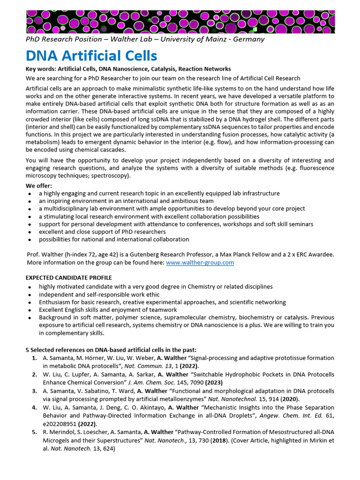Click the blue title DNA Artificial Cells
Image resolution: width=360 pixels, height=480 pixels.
[91, 56]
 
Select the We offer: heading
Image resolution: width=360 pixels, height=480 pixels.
[38, 186]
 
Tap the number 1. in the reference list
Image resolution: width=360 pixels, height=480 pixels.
[35, 358]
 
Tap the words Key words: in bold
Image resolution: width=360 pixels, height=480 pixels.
[40, 69]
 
